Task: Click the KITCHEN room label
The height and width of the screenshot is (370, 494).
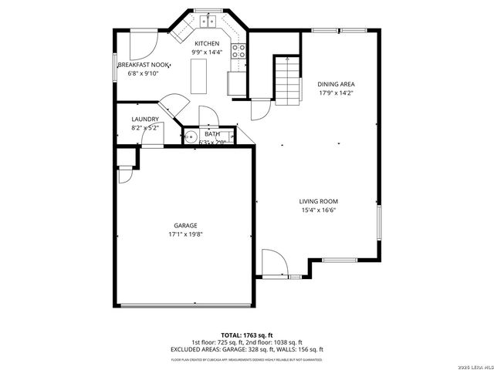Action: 207,43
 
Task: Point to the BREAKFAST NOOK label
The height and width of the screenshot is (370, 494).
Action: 143,66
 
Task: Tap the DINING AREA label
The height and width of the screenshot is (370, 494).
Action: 336,83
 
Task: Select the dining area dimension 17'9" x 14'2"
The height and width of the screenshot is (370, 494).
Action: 336,92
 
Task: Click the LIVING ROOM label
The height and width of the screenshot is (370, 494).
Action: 319,201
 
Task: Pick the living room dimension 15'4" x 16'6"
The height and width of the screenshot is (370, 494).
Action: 319,210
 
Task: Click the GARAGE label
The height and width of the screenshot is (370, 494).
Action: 185,225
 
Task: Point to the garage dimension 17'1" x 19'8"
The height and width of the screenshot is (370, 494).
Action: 185,234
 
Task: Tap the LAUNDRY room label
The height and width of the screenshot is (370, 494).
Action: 145,119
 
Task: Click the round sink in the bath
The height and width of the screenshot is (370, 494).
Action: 190,140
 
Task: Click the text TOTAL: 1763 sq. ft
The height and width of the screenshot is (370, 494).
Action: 243,335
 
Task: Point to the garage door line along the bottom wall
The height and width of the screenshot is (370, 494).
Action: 185,305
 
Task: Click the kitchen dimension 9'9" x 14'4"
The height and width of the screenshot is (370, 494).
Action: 207,52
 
